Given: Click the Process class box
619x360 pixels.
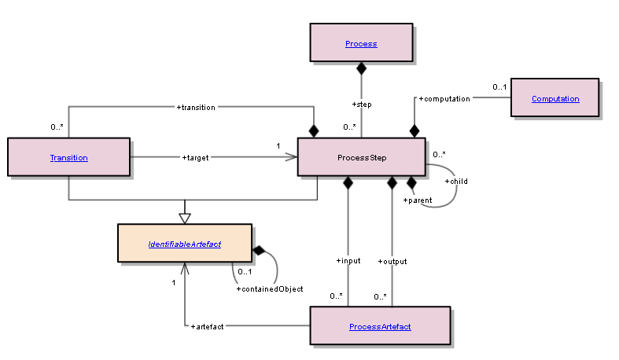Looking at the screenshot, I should coord(361,43).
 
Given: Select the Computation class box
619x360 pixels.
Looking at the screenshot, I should coord(555,98).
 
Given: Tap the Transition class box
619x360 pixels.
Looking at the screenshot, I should coord(68,157).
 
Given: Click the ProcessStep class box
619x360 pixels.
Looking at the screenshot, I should coord(362,157).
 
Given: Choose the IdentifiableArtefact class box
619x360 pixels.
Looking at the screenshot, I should coord(185,244).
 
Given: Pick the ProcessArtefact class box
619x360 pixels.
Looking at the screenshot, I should coord(380,326).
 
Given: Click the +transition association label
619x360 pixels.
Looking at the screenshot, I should coord(196,107).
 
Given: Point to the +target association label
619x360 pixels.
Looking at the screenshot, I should coord(195,157).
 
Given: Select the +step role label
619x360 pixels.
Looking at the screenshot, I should coord(361,104).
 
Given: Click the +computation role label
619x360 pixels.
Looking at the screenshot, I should coord(444,99).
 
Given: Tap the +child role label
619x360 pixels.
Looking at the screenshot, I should coord(456,182).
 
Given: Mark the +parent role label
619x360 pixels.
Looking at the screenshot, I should coord(418,200).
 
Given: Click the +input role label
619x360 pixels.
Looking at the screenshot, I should coord(348,260).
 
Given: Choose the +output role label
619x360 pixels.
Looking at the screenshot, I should coord(392,260).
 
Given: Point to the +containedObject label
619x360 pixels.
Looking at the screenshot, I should coord(270,289).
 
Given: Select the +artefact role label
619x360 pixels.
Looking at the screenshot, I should coord(208,325).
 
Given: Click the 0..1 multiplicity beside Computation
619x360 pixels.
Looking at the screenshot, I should coord(499,86).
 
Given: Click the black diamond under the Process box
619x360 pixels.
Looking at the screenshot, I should coord(361,68).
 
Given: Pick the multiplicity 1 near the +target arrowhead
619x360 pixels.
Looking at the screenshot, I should coord(278,145).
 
